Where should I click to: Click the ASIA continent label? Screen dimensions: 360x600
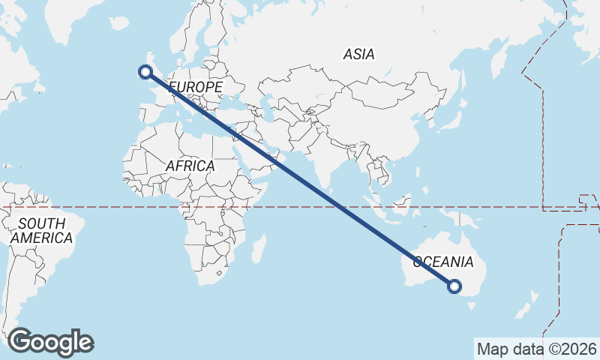click(358, 54)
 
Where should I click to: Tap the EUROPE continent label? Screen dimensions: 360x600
click(196, 88)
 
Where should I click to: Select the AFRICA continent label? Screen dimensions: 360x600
click(190, 166)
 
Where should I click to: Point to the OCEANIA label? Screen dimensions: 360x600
click(443, 262)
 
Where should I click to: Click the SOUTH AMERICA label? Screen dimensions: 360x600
click(41, 230)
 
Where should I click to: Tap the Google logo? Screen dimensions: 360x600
click(50, 342)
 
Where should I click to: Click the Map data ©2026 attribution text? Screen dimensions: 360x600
click(536, 349)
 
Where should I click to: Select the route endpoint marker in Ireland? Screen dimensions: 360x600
click(145, 72)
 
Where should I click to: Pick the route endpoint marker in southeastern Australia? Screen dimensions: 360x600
click(454, 285)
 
